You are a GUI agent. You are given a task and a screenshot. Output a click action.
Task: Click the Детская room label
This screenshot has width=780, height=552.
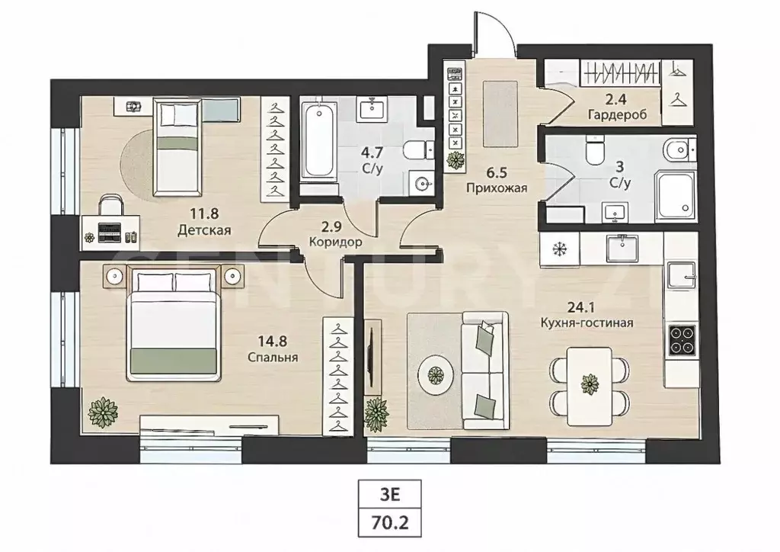click(204, 230)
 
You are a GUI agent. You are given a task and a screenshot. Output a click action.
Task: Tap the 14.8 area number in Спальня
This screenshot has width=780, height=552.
click(272, 342)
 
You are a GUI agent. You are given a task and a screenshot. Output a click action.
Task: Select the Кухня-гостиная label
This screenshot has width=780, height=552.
click(587, 323)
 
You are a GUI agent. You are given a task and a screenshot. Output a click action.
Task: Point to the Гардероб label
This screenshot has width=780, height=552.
click(617, 115)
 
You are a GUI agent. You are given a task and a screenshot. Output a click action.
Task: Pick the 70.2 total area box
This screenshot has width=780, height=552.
click(390, 522)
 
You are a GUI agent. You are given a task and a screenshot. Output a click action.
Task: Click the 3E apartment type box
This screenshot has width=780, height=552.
click(390, 494)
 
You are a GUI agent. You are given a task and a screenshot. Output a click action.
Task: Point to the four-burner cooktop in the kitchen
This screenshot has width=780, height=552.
click(682, 340)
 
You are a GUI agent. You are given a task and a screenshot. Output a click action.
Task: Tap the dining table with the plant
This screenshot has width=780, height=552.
click(590, 387)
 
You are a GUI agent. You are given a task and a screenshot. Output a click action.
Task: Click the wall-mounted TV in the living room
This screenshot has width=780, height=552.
click(372, 352)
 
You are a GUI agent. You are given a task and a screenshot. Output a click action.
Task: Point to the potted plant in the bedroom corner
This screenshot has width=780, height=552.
click(103, 412)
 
